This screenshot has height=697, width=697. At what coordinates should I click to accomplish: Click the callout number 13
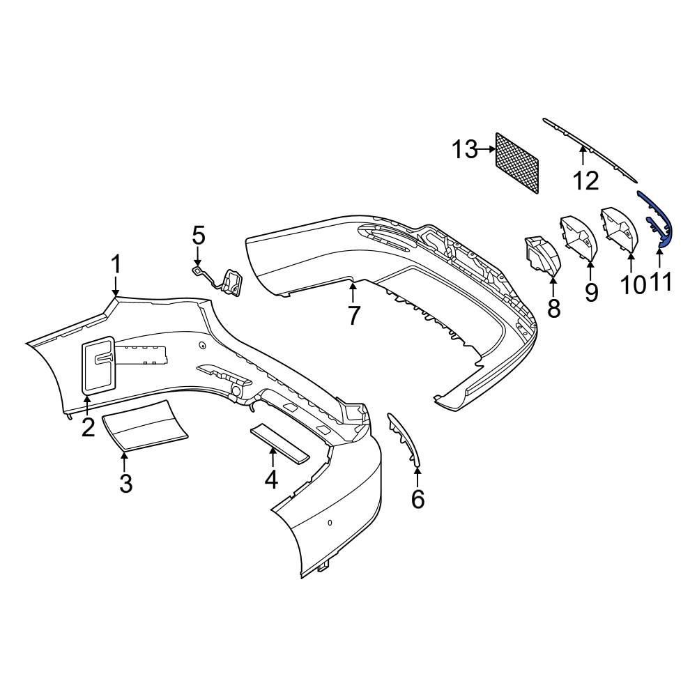tap(464, 149)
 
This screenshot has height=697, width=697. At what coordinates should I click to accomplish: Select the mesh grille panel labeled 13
tap(516, 162)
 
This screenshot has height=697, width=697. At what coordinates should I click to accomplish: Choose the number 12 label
tap(585, 181)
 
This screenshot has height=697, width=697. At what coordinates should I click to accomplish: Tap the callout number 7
tap(353, 316)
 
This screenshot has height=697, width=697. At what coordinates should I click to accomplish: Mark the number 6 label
tap(418, 499)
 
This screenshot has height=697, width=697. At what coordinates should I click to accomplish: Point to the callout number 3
tap(125, 482)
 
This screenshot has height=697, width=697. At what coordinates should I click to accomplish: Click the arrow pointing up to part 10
tap(630, 262)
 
